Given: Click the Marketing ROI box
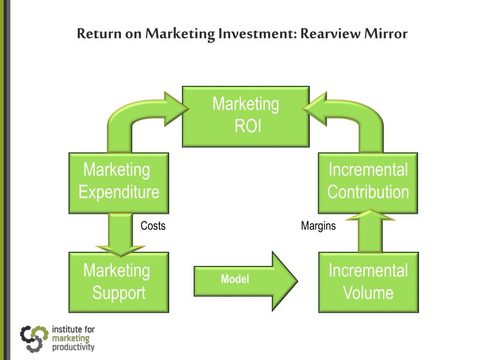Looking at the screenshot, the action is (246, 116).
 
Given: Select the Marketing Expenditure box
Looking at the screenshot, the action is (119, 183).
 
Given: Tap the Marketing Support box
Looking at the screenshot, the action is (119, 282).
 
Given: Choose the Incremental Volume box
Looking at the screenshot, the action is (368, 282).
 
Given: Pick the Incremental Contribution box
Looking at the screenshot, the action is (368, 183).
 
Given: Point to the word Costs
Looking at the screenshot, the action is (153, 226).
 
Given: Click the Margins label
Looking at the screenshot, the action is (318, 226).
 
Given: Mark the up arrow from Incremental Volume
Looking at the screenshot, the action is (370, 232).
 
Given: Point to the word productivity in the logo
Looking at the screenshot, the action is (73, 347).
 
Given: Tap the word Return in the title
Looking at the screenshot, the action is (98, 34).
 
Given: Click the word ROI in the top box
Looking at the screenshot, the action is (247, 127).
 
